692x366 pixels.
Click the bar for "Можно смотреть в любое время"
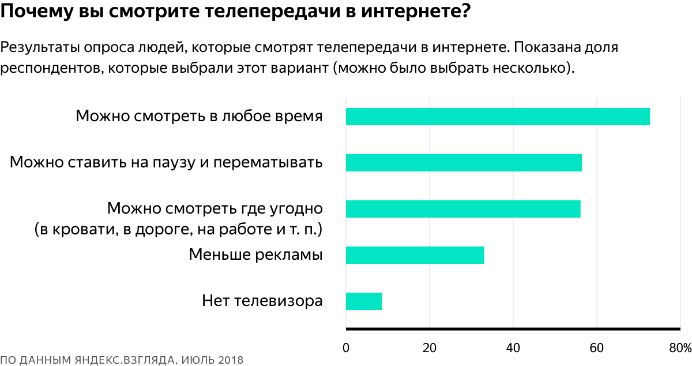(x=498, y=117)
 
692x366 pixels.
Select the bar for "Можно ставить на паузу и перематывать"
(x=464, y=163)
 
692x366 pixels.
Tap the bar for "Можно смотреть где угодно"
(x=463, y=209)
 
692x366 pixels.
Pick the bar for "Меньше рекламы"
(x=415, y=255)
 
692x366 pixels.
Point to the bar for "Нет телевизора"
(x=364, y=301)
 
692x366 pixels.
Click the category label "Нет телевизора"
(x=262, y=301)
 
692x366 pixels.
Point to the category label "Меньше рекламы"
(x=255, y=255)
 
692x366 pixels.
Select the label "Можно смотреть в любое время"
(x=199, y=116)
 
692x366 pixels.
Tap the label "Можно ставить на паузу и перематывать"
(x=166, y=162)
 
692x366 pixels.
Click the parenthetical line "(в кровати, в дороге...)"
(x=178, y=229)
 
